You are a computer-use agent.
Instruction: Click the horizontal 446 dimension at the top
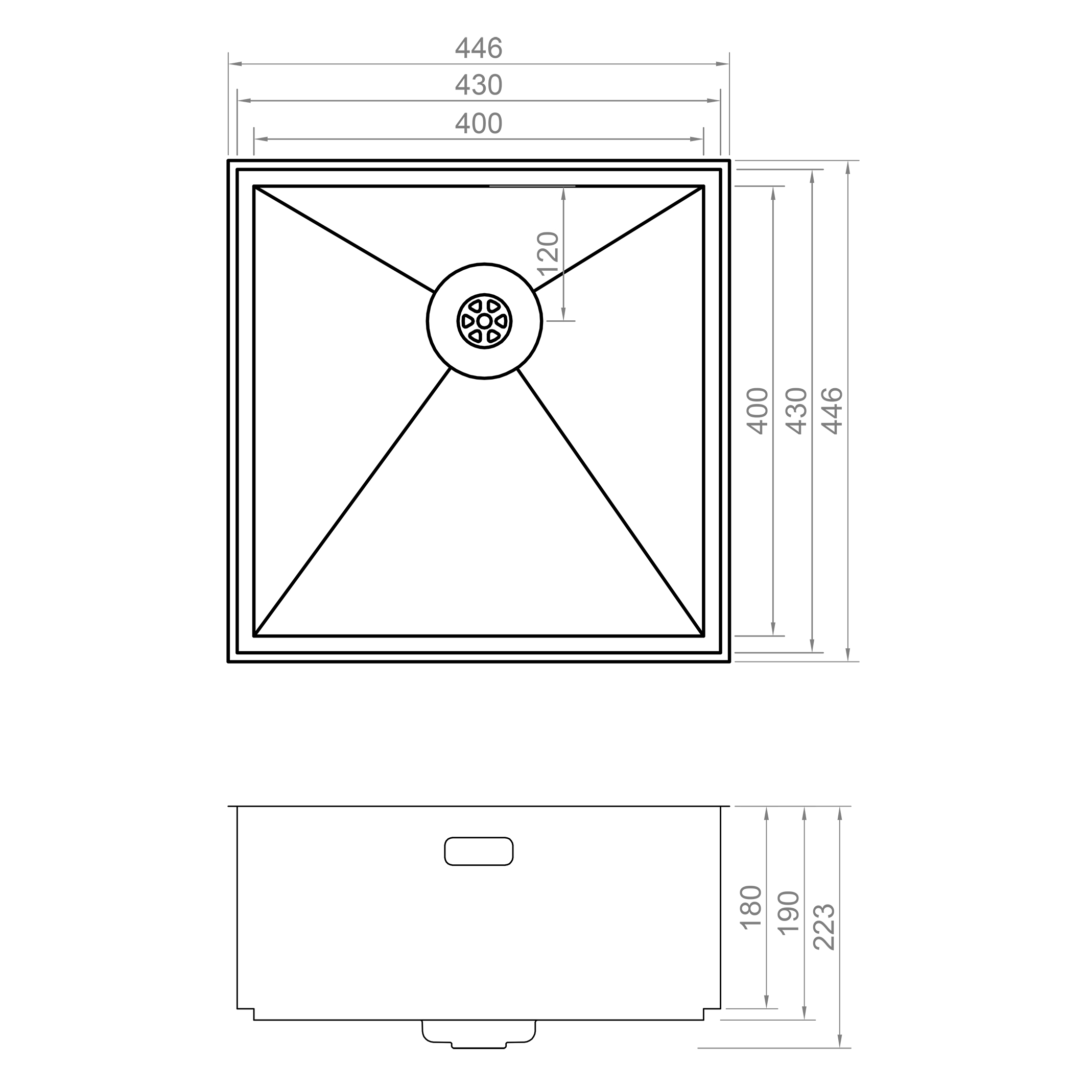pos(478,49)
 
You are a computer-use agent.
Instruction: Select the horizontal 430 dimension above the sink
pos(478,85)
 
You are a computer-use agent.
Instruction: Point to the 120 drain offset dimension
pos(549,253)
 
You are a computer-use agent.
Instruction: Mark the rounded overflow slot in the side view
pos(478,851)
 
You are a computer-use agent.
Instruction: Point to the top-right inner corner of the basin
pos(703,186)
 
